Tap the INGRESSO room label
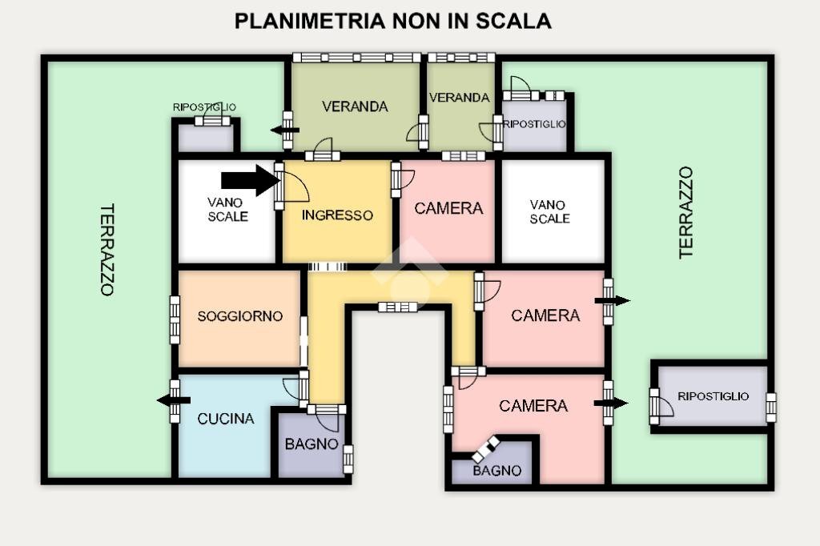337,215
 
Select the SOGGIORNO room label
239,316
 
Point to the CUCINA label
226,419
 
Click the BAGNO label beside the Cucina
312,444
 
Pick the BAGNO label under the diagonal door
496,471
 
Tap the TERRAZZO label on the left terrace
107,250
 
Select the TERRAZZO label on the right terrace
685,212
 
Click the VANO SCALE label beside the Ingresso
227,210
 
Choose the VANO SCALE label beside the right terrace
549,211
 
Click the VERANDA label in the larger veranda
355,106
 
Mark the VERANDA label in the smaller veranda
459,98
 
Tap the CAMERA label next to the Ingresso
448,208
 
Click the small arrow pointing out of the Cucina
173,400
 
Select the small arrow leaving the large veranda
284,130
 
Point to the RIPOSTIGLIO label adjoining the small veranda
534,124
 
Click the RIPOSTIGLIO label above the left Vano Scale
204,107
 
